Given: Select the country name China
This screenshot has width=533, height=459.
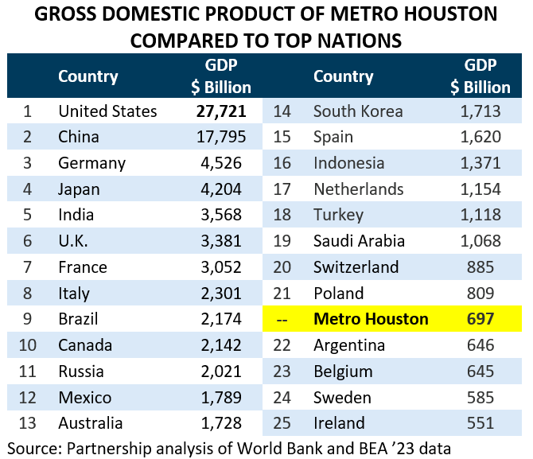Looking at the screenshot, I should [x=79, y=137].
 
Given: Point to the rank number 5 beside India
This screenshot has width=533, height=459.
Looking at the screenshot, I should [x=27, y=215].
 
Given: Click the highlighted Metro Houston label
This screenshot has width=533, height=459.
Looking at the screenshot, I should [x=371, y=320].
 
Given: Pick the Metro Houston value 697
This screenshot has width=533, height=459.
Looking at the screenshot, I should [x=480, y=320].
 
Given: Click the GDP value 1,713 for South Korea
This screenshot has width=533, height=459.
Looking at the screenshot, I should [x=480, y=111].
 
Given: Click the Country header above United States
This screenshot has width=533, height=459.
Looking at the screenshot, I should [x=88, y=76].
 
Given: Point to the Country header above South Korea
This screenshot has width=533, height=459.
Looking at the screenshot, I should [x=343, y=76].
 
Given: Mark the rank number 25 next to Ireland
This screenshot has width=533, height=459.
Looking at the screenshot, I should [x=282, y=423].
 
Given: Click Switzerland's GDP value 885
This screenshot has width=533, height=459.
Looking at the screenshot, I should [x=480, y=267].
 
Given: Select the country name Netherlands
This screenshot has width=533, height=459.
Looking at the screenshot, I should [x=359, y=189].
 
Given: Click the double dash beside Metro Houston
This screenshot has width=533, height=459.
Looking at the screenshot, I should [x=282, y=320].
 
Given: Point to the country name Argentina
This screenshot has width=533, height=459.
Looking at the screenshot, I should [x=349, y=345].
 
